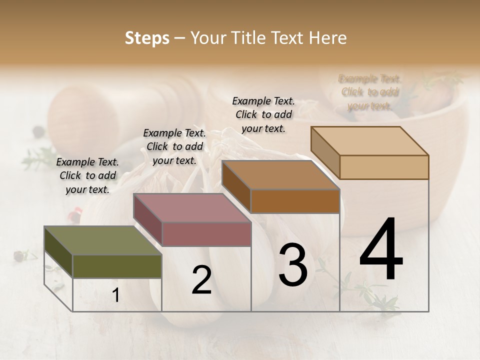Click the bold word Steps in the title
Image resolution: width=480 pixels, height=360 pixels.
tap(147, 38)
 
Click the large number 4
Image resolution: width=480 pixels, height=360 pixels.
tap(381, 249)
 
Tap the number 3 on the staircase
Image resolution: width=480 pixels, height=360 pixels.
tap(293, 264)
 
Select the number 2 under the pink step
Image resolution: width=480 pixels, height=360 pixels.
tap(201, 280)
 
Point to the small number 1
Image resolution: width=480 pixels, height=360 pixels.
tap(115, 295)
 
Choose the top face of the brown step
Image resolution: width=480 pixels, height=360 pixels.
tap(280, 175)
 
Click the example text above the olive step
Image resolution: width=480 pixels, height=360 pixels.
tap(87, 175)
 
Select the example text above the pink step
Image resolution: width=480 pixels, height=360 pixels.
tap(174, 146)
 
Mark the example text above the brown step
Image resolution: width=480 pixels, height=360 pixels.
tap(263, 114)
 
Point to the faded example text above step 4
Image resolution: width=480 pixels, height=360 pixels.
tap(370, 92)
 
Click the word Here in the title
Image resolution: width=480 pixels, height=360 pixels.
tap(327, 38)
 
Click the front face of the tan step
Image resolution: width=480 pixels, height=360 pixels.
tap(384, 167)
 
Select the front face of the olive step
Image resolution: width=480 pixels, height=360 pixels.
tap(117, 266)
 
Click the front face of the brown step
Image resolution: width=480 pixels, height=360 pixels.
tap(295, 201)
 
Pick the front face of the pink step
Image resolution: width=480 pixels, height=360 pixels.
tap(206, 234)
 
